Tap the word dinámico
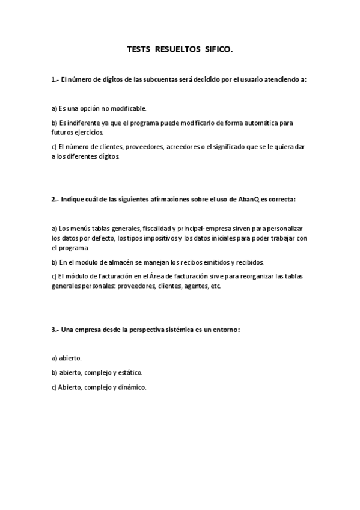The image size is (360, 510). [133, 387]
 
